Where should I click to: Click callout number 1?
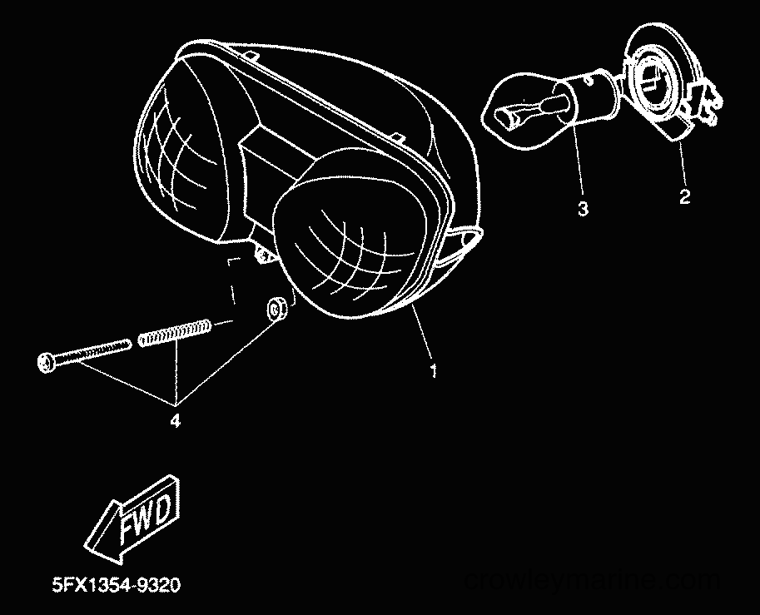coord(434,370)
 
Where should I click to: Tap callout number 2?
coord(684,196)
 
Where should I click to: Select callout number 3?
coord(583,209)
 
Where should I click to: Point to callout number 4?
coord(175,420)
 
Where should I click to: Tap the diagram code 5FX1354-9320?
coord(117,584)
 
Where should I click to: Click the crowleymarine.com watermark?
coord(592,579)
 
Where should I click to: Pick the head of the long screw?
coord(45,362)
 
